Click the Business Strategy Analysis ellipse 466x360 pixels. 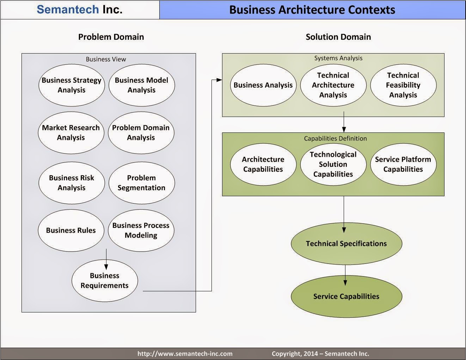click(x=72, y=85)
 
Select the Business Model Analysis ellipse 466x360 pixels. click(x=141, y=85)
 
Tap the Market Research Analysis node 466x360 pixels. click(x=71, y=132)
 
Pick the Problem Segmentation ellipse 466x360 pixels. click(x=141, y=183)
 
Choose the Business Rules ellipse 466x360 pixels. click(x=71, y=230)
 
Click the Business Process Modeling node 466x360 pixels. click(x=141, y=230)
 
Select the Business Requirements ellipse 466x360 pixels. click(x=105, y=281)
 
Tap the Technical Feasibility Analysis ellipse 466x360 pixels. click(x=403, y=85)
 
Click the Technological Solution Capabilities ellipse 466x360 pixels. click(x=333, y=164)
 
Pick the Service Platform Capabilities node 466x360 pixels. click(x=403, y=164)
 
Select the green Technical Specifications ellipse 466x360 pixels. click(x=347, y=243)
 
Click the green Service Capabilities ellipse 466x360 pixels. click(x=347, y=296)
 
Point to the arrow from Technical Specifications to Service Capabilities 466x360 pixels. click(x=345, y=275)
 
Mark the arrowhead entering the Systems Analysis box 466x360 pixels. click(x=219, y=80)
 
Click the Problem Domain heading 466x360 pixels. click(x=111, y=37)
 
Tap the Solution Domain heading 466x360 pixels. click(x=338, y=37)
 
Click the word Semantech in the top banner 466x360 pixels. click(x=68, y=10)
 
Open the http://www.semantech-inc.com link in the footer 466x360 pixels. click(x=185, y=354)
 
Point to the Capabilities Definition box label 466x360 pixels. click(x=335, y=138)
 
